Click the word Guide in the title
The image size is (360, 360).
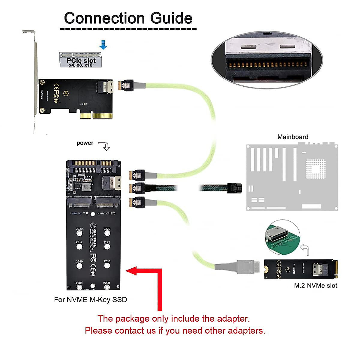(171, 19)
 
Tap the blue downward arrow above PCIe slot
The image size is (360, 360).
(103, 45)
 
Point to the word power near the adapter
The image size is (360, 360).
(85, 143)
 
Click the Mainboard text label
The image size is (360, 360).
(292, 137)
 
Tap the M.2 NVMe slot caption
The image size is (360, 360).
(315, 286)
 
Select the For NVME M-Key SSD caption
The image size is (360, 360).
(90, 300)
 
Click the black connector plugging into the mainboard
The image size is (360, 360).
(235, 188)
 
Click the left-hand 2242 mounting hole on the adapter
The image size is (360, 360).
(79, 247)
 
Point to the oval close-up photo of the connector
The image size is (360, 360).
(267, 60)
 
